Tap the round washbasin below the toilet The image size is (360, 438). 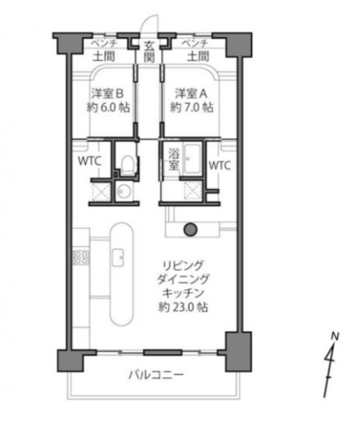click(x=123, y=192)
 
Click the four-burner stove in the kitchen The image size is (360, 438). click(x=81, y=258)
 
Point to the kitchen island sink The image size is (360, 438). click(x=118, y=258)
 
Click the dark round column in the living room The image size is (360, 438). click(x=191, y=230)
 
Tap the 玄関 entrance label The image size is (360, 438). click(x=149, y=51)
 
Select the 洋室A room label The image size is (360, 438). click(x=191, y=93)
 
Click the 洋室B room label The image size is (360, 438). click(x=108, y=93)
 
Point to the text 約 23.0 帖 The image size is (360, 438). click(x=183, y=308)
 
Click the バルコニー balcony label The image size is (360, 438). click(x=156, y=374)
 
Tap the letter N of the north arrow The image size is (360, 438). click(x=334, y=336)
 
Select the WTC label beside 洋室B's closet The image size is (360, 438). click(x=89, y=161)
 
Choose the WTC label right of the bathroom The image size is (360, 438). click(x=220, y=165)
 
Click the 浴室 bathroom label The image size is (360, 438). click(x=174, y=159)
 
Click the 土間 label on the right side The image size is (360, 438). click(x=198, y=57)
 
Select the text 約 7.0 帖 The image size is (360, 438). click(x=192, y=107)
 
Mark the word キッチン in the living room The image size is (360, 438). click(x=183, y=293)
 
